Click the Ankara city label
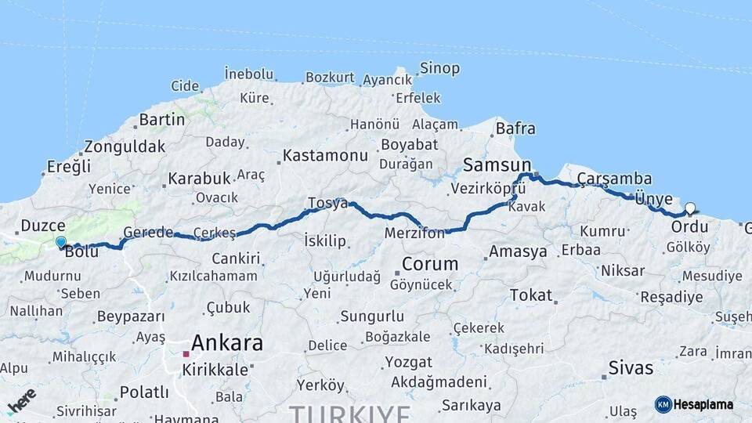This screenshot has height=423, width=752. tap(226, 342)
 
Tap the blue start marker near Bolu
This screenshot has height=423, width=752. tap(61, 242)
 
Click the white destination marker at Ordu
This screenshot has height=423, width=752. tap(690, 209)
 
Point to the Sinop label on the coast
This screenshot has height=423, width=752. tap(439, 69)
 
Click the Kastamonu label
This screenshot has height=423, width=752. tap(325, 155)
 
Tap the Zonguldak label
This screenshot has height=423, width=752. tap(125, 146)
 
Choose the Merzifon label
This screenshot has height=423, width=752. tap(414, 233)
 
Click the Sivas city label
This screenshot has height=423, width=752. tap(631, 367)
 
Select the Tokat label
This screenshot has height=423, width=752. tap(531, 295)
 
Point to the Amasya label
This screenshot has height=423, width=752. tap(518, 251)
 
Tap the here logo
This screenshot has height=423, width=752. tap(21, 399)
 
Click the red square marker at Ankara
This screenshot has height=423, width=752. tap(186, 354)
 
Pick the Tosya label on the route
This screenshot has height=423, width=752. tap(327, 203)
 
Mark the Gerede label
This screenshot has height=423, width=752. tap(148, 233)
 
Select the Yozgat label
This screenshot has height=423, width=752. tap(407, 362)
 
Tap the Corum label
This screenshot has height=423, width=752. tap(430, 263)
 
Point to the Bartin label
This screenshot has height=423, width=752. tap(161, 120)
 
